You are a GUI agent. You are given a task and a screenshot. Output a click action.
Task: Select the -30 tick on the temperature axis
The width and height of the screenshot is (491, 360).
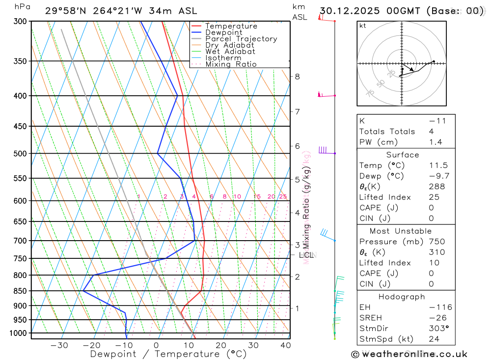[x=59, y=345]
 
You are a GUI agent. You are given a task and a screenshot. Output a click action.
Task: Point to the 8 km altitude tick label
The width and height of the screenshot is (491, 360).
[x=297, y=77]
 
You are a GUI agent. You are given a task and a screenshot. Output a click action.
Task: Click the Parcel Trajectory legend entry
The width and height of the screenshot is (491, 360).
[x=241, y=39]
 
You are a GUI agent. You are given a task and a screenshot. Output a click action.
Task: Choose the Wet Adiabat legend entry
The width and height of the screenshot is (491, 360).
[x=230, y=52]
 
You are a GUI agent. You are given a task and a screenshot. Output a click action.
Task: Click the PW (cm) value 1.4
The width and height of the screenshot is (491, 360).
[x=436, y=142]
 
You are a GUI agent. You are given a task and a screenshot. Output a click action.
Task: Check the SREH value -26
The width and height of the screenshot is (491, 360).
[x=436, y=318]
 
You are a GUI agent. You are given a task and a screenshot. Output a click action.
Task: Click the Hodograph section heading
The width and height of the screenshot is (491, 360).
[x=402, y=297]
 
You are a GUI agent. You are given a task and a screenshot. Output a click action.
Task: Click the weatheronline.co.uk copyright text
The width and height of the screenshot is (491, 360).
[x=409, y=354]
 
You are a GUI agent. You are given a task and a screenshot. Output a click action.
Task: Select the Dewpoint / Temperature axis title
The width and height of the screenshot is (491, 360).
[x=168, y=354]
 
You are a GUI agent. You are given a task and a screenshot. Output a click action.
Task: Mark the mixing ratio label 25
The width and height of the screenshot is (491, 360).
[x=283, y=197]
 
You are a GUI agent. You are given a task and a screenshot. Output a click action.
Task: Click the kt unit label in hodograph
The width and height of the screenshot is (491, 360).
[x=363, y=26]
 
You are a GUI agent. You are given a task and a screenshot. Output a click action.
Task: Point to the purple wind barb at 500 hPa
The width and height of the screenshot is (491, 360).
[x=324, y=150]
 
